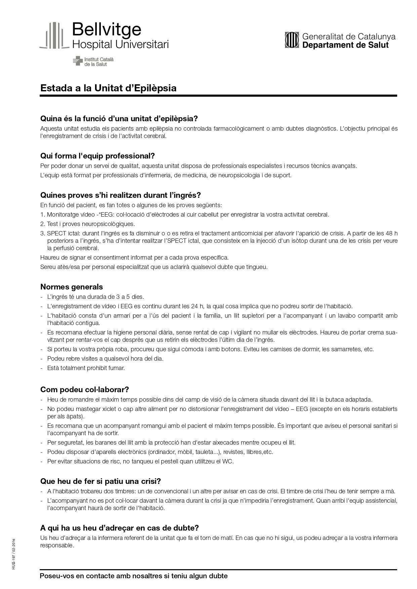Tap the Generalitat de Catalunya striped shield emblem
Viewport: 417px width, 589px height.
[x=292, y=40]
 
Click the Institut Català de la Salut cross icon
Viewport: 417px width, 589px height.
[x=78, y=61]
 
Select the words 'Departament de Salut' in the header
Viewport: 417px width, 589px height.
[x=345, y=45]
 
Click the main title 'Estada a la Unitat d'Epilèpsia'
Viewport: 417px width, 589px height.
[x=108, y=88]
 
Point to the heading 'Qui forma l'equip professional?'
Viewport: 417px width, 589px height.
[x=97, y=156]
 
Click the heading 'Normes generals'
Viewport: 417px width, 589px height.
[x=72, y=287]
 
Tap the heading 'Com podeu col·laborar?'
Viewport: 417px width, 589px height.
[x=85, y=390]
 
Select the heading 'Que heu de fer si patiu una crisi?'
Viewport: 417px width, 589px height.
[x=100, y=481]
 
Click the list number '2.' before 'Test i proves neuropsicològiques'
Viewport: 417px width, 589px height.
[x=43, y=224]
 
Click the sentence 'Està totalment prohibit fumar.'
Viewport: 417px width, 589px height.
[x=86, y=368]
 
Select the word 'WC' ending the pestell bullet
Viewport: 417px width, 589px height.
[x=227, y=461]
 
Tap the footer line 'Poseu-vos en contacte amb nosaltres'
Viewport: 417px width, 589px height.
[x=134, y=576]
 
